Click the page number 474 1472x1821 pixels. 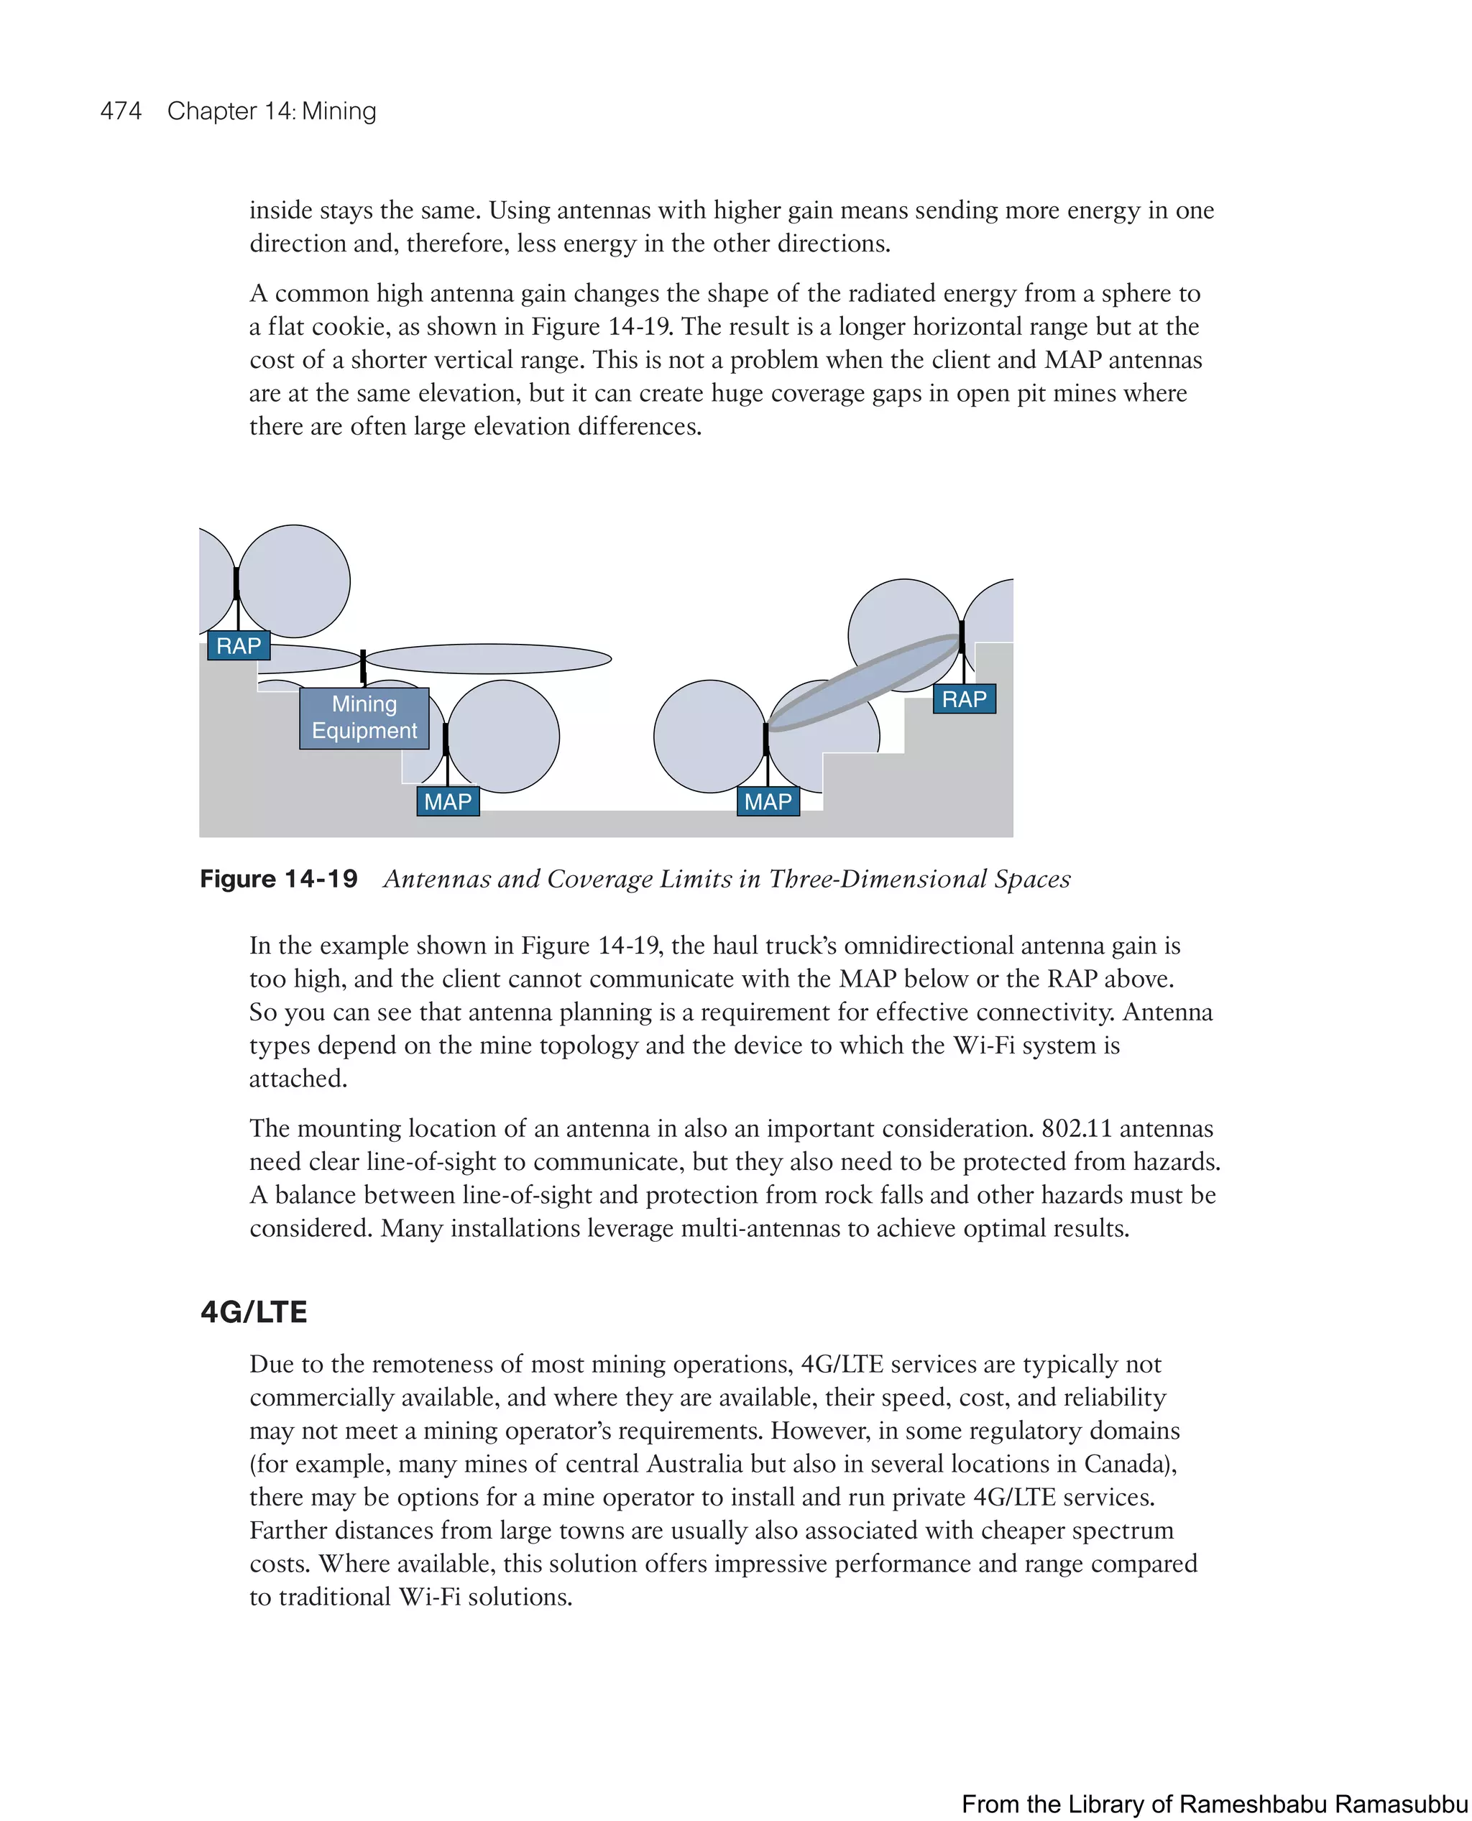click(121, 111)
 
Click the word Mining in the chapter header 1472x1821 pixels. click(339, 111)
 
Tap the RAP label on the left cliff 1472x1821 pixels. click(239, 646)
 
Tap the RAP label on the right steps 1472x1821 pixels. click(964, 699)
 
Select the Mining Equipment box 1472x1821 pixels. click(364, 718)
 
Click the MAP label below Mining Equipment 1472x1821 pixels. click(448, 802)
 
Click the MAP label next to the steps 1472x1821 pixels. click(768, 802)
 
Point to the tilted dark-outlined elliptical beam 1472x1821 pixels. click(863, 683)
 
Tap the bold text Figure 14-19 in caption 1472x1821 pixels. click(278, 879)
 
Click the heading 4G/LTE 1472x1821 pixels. click(254, 1312)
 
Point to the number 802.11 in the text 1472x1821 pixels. click(1077, 1128)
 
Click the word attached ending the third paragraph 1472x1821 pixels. click(297, 1079)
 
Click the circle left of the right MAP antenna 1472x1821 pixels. click(709, 736)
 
